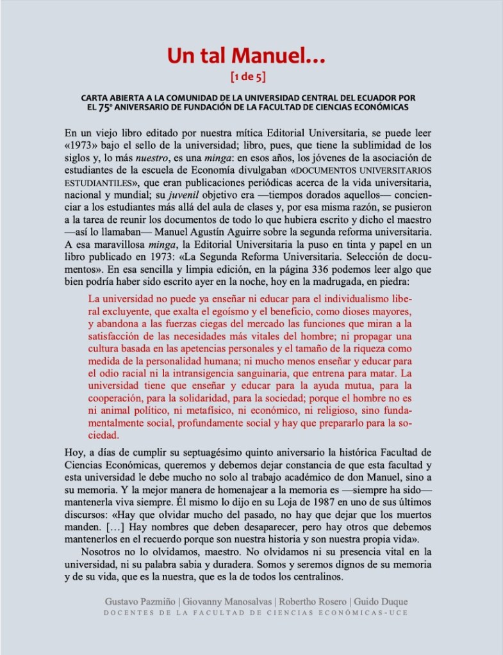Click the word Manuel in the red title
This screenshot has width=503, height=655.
288,56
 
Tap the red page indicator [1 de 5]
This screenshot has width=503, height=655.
247,77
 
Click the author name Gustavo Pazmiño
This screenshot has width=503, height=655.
142,602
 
